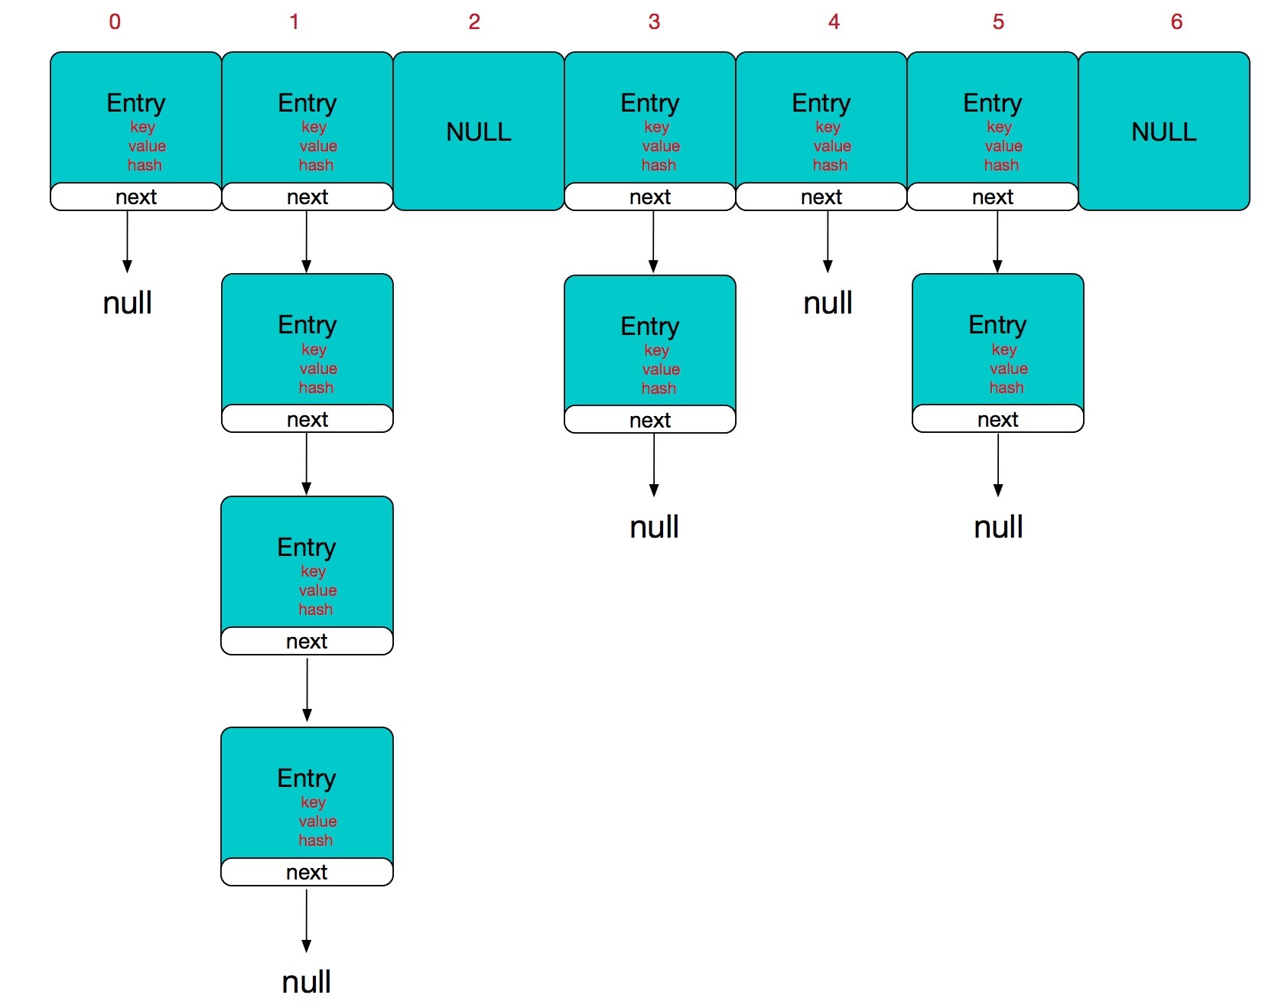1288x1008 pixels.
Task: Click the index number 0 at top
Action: click(x=115, y=21)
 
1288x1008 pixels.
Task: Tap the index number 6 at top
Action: click(x=1176, y=21)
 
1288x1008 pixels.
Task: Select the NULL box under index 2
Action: click(x=479, y=132)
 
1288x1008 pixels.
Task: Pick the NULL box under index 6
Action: click(x=1163, y=132)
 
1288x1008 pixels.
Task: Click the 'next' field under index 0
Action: click(x=136, y=197)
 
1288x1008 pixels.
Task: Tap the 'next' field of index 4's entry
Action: click(x=821, y=197)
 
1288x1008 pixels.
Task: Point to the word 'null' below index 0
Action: click(x=128, y=303)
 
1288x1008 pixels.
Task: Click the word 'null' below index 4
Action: click(x=828, y=303)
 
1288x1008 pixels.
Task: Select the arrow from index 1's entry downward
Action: click(x=307, y=241)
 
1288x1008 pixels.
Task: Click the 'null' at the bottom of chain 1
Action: click(x=306, y=981)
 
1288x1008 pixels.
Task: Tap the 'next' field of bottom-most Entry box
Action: click(x=307, y=872)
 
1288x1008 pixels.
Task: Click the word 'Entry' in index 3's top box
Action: click(x=649, y=102)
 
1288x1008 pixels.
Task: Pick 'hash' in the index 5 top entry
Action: click(x=1001, y=165)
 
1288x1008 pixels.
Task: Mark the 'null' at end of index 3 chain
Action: click(x=654, y=527)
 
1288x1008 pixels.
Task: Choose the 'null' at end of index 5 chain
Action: click(x=998, y=527)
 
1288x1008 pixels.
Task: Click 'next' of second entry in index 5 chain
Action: click(x=997, y=419)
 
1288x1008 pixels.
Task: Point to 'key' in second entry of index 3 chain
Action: click(x=656, y=350)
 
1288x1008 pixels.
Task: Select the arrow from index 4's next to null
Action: click(x=828, y=241)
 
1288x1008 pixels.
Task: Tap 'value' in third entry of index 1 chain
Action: click(x=317, y=590)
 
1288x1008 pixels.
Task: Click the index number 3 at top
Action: click(x=654, y=21)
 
